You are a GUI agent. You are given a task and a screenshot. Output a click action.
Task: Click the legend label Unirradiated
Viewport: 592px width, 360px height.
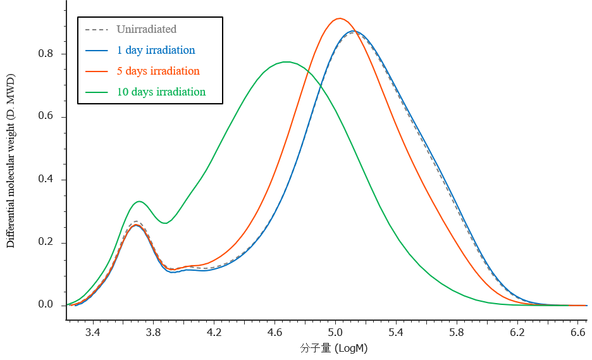coord(146,29)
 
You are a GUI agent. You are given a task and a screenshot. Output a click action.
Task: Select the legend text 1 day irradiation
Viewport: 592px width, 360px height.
coord(156,50)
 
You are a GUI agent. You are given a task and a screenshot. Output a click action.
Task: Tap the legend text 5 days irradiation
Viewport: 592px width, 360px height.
coord(157,71)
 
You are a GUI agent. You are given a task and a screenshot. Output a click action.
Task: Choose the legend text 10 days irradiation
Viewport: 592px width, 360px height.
coord(161,92)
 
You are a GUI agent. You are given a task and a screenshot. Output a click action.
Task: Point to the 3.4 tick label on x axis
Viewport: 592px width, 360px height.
coord(92,332)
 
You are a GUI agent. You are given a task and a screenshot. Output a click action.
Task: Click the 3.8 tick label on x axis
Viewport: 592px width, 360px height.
coord(153,332)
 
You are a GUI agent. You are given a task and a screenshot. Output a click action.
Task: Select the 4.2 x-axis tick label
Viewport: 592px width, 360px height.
coord(214,332)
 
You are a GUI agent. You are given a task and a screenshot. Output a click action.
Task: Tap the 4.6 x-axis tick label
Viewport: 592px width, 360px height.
coord(274,332)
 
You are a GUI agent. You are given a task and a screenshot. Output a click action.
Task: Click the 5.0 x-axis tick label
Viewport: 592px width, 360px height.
coord(335,332)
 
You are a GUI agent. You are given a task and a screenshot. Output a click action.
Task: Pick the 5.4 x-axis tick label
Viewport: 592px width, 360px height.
coord(396,332)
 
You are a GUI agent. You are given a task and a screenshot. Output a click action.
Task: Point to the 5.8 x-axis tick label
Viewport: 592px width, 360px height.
coord(457,332)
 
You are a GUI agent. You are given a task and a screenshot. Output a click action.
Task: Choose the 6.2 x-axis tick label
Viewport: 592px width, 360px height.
coord(517,332)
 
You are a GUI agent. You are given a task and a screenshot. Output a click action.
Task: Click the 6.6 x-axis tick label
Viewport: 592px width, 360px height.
coord(577,332)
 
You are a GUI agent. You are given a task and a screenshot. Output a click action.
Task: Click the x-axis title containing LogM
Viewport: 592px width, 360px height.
coord(334,349)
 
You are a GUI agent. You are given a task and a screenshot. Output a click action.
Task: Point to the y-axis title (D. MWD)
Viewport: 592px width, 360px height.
coord(11,97)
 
